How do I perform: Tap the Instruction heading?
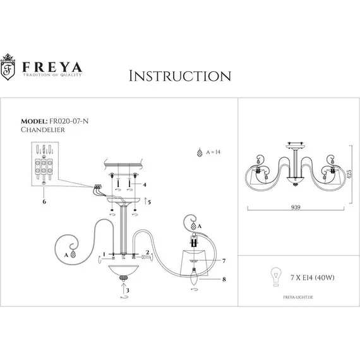point(179,76)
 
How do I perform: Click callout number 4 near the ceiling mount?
point(145,185)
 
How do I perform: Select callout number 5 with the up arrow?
point(149,202)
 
